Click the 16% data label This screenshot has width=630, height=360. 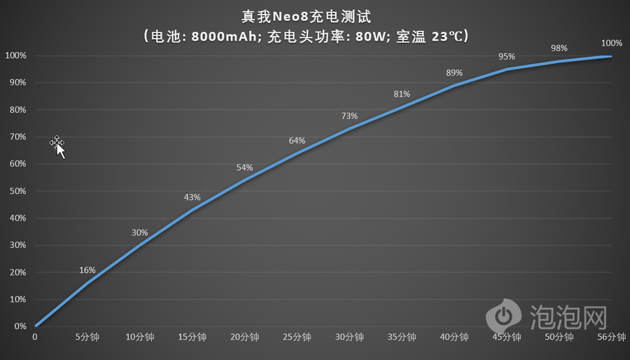tap(87, 270)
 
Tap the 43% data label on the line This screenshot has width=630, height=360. tap(192, 198)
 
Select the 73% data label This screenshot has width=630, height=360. tap(349, 116)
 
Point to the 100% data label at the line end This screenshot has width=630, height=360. tap(611, 43)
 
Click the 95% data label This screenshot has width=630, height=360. tap(507, 57)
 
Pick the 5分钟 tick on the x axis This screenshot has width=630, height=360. tap(87, 337)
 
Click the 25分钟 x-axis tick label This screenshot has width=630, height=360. tap(297, 337)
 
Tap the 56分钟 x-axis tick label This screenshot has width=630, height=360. tap(611, 337)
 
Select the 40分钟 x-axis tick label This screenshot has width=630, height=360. tap(454, 337)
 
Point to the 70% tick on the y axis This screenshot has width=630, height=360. tap(16, 137)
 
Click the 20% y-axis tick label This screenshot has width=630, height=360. tap(16, 272)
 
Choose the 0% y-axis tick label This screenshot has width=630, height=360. tap(18, 326)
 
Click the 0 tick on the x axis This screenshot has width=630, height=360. tap(35, 337)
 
